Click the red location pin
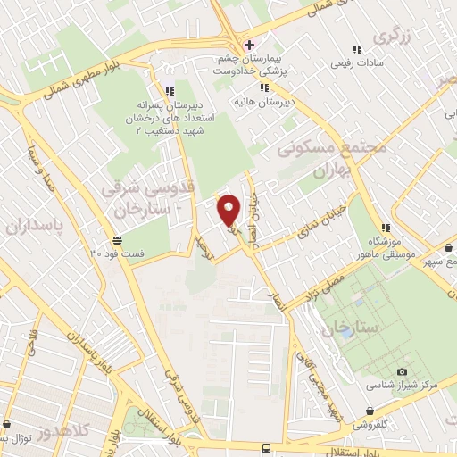pyautogui.click(x=228, y=208)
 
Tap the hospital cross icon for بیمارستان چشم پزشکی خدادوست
pyautogui.click(x=249, y=46)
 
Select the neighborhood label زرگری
pyautogui.click(x=394, y=37)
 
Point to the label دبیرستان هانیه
pyautogui.click(x=265, y=102)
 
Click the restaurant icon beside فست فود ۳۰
pyautogui.click(x=117, y=239)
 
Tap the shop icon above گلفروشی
pyautogui.click(x=370, y=411)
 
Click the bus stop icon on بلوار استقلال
pyautogui.click(x=265, y=449)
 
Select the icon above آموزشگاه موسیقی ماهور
pyautogui.click(x=385, y=228)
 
